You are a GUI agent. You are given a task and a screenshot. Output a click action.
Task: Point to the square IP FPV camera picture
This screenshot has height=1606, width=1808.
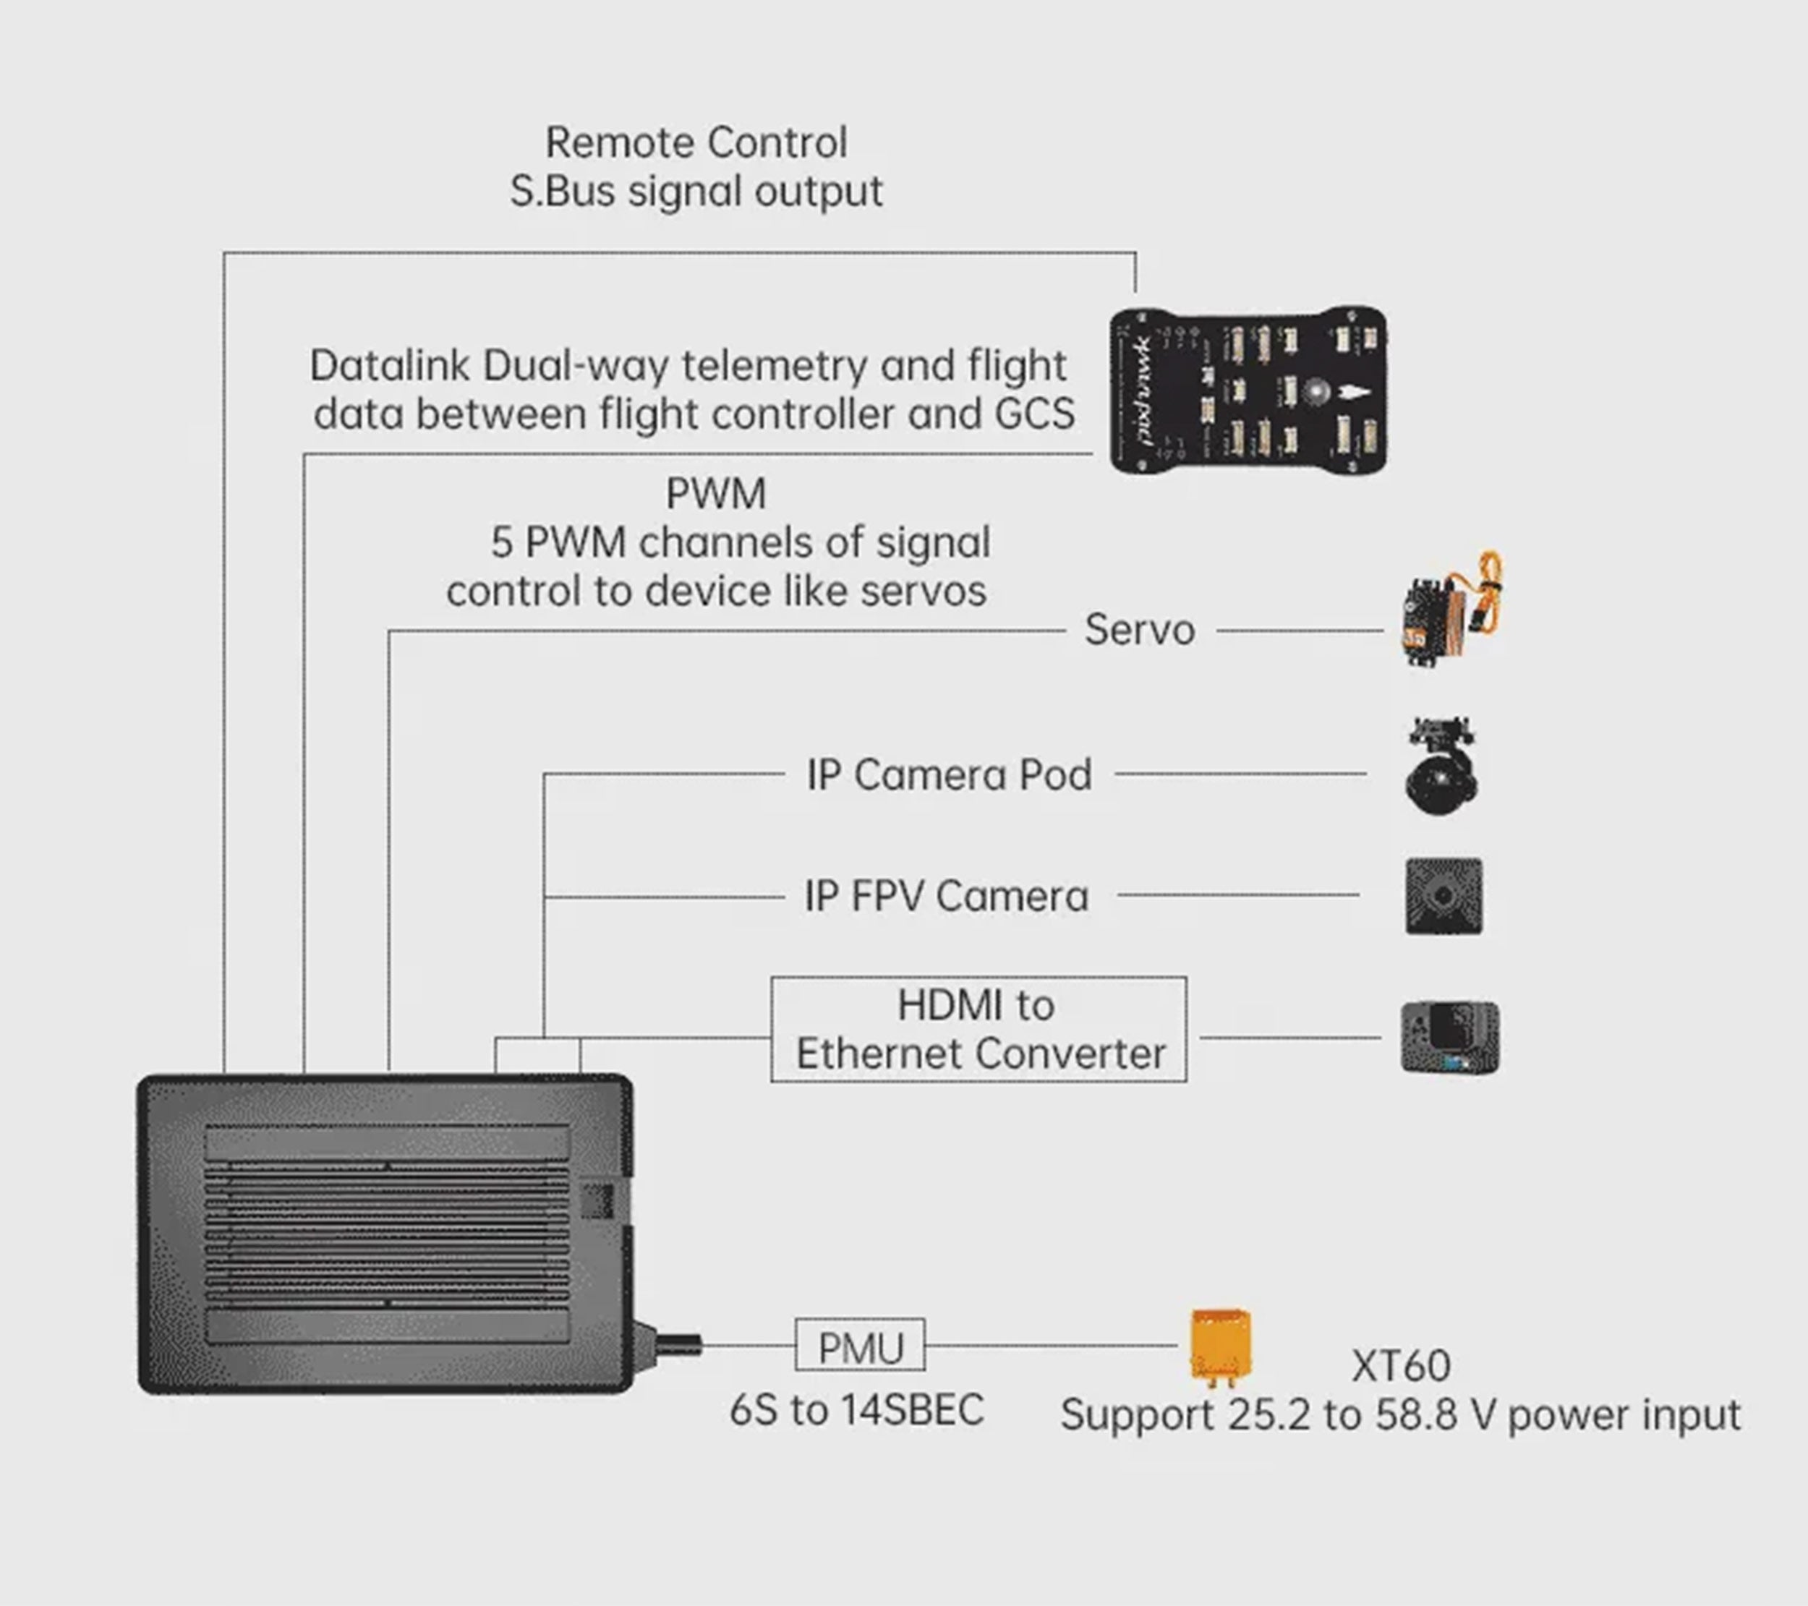(x=1444, y=896)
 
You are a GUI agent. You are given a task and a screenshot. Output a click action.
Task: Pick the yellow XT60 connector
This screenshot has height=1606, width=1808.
(x=1221, y=1346)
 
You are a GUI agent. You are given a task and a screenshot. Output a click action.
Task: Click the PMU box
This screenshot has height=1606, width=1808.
(x=860, y=1345)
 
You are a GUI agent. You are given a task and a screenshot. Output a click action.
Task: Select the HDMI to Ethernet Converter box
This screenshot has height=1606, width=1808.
(x=978, y=1030)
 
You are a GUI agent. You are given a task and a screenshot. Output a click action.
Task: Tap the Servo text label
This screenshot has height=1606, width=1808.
(x=1139, y=630)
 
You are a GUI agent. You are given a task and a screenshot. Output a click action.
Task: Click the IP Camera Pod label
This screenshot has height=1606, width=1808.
(x=949, y=774)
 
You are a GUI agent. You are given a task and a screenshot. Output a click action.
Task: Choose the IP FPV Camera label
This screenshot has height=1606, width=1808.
(x=945, y=896)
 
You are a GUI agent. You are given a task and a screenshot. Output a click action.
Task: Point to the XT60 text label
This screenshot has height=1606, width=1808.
(x=1401, y=1367)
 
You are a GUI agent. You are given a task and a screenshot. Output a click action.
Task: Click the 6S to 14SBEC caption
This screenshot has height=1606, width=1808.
(x=856, y=1409)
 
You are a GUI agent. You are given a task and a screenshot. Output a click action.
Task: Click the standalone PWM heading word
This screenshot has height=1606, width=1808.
(x=715, y=493)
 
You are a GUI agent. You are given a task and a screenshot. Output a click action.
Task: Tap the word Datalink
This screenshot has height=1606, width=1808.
(x=389, y=365)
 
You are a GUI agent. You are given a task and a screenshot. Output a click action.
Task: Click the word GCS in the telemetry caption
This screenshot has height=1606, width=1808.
(x=1034, y=414)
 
